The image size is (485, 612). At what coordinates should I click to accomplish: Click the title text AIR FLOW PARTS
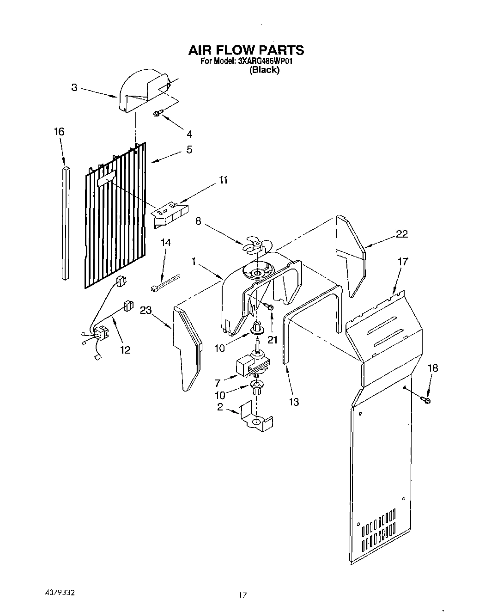tap(245, 50)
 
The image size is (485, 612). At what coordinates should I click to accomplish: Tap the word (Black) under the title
tap(264, 70)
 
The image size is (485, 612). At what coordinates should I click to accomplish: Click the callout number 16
tap(59, 132)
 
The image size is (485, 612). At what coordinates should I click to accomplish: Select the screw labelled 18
tap(425, 399)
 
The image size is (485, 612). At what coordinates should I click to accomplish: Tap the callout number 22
tap(402, 234)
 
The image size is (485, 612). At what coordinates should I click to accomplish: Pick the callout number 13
tap(294, 402)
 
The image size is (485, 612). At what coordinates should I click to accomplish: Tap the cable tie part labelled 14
tap(164, 282)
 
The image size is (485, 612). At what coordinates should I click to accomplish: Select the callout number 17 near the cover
tap(403, 262)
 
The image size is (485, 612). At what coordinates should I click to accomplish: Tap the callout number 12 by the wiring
tap(125, 350)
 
